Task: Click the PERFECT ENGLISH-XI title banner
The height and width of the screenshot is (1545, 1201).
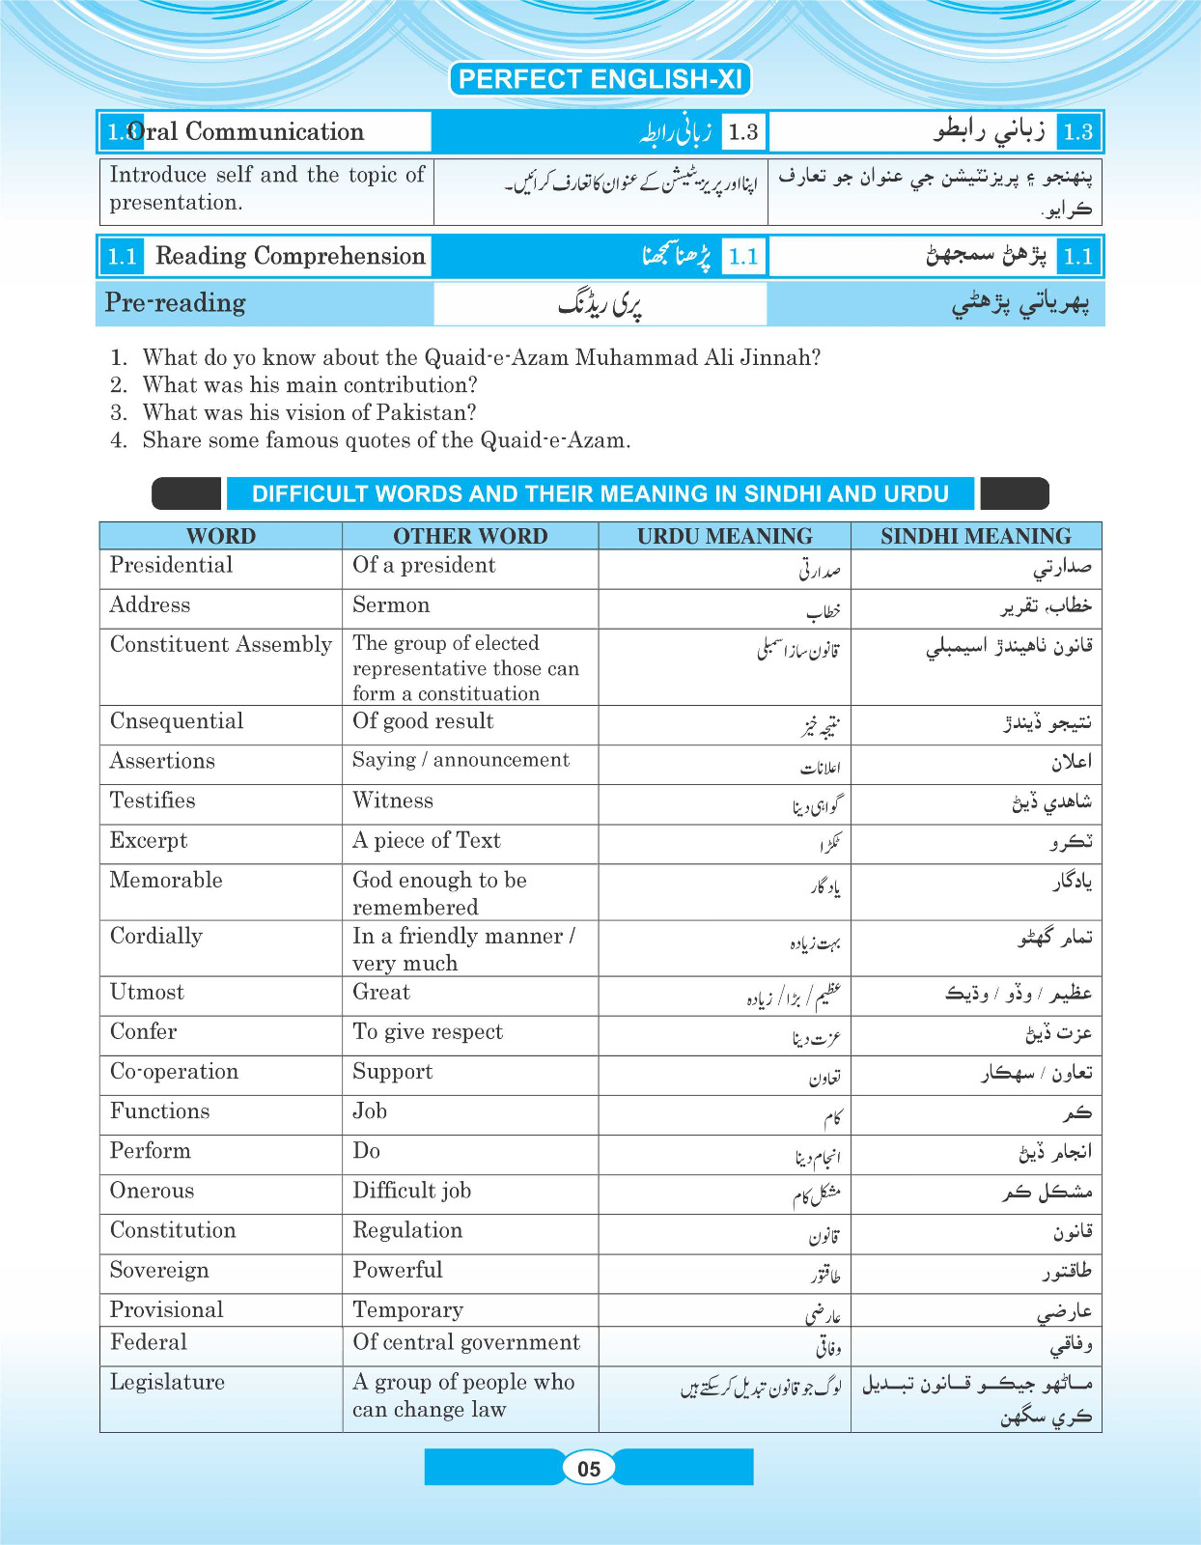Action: (x=600, y=79)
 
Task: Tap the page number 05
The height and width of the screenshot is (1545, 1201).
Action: (x=589, y=1469)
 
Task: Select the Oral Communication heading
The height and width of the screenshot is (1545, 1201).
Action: (x=245, y=131)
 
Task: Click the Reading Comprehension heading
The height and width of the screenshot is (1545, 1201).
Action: (x=290, y=256)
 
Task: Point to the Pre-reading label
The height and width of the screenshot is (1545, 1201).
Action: (x=175, y=303)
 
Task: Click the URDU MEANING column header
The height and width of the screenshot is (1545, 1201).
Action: (x=724, y=536)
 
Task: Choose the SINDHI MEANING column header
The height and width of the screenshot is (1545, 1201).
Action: (x=975, y=536)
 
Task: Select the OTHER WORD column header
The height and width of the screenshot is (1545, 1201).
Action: (x=470, y=536)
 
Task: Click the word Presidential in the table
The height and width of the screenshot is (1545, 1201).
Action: (x=171, y=565)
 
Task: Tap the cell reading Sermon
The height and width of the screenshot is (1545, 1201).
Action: (x=391, y=605)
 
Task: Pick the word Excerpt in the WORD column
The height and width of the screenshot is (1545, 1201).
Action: (x=149, y=840)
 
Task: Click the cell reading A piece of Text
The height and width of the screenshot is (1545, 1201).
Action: (x=426, y=840)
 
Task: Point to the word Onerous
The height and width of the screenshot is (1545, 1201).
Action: (x=152, y=1191)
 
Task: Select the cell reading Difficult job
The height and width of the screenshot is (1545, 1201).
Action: (x=411, y=1191)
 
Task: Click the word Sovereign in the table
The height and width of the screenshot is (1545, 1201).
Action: (x=159, y=1270)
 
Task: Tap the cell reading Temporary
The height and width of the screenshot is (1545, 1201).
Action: (x=407, y=1309)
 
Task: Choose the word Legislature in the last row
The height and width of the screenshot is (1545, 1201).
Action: (x=167, y=1382)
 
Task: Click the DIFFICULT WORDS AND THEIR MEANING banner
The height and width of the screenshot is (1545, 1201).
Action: (x=600, y=493)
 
